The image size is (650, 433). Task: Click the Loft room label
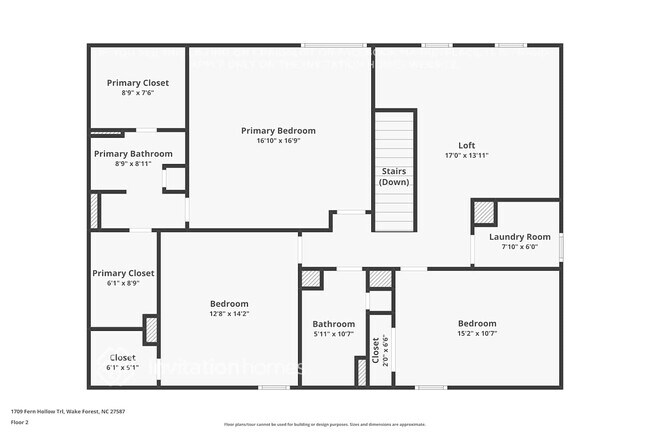coord(466,144)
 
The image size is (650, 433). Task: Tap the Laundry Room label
coord(520,237)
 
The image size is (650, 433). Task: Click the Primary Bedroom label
coord(278,131)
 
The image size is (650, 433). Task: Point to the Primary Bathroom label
coord(133,154)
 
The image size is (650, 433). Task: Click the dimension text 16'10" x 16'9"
coord(278,141)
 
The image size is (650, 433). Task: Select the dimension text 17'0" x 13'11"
coord(466,155)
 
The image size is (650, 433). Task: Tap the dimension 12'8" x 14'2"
coord(229,314)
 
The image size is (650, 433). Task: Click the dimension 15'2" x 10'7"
coord(477,334)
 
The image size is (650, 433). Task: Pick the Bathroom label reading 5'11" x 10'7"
coord(333,324)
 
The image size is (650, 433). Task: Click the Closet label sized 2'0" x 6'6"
coord(376,349)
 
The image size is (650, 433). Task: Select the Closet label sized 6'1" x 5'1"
coord(122,357)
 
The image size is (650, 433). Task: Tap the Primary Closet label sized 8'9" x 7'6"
coord(138,82)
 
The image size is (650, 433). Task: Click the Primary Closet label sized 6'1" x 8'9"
coord(123,273)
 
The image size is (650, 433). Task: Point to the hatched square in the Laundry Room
coord(485,212)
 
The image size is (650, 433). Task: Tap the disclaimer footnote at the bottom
coord(324,424)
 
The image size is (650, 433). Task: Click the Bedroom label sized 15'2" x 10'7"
coord(477,323)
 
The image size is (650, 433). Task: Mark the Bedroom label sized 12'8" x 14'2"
coord(229,303)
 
